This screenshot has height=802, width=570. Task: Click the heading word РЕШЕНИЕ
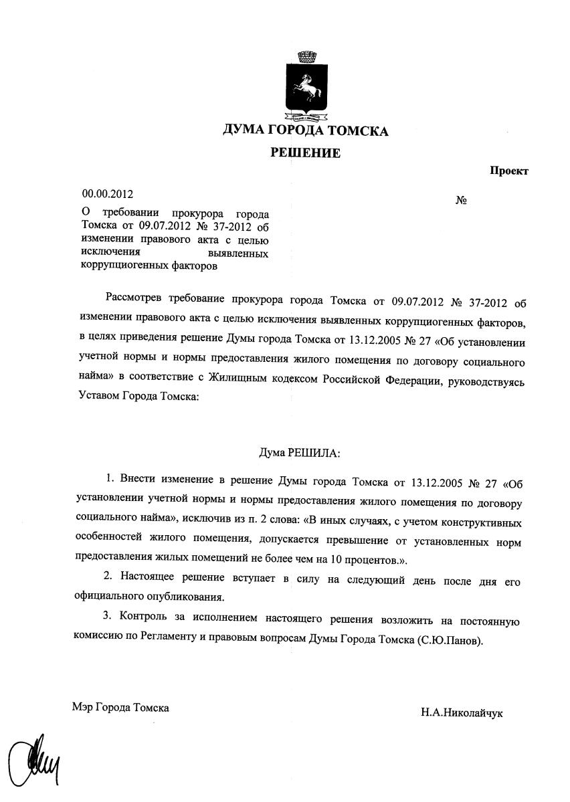click(x=305, y=153)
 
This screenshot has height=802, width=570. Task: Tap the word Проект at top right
click(x=509, y=171)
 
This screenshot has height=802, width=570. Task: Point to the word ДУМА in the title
click(x=245, y=130)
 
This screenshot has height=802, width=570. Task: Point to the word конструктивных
click(x=479, y=520)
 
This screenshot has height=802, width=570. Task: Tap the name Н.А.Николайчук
click(x=462, y=713)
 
